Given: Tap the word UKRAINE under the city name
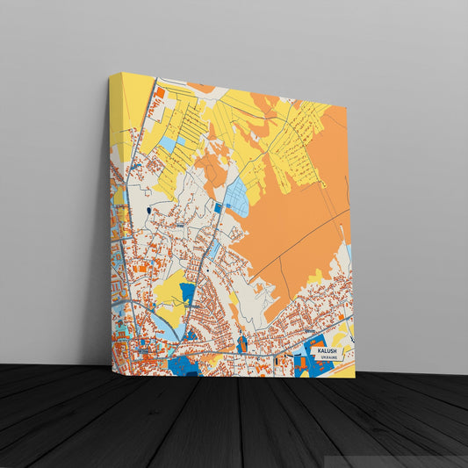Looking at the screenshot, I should [328, 358].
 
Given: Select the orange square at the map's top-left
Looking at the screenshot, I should [161, 92].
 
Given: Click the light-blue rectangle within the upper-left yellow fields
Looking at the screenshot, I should [167, 143].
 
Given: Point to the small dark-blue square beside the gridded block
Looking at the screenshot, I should [219, 208].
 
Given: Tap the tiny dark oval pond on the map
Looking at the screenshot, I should [148, 211].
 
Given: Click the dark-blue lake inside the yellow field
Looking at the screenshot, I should [187, 292].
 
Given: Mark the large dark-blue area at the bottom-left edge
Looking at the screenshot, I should [185, 364].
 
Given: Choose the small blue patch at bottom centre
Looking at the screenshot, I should [242, 343].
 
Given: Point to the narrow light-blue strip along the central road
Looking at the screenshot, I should [213, 249].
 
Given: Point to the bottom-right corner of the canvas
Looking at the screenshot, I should [355, 378].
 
